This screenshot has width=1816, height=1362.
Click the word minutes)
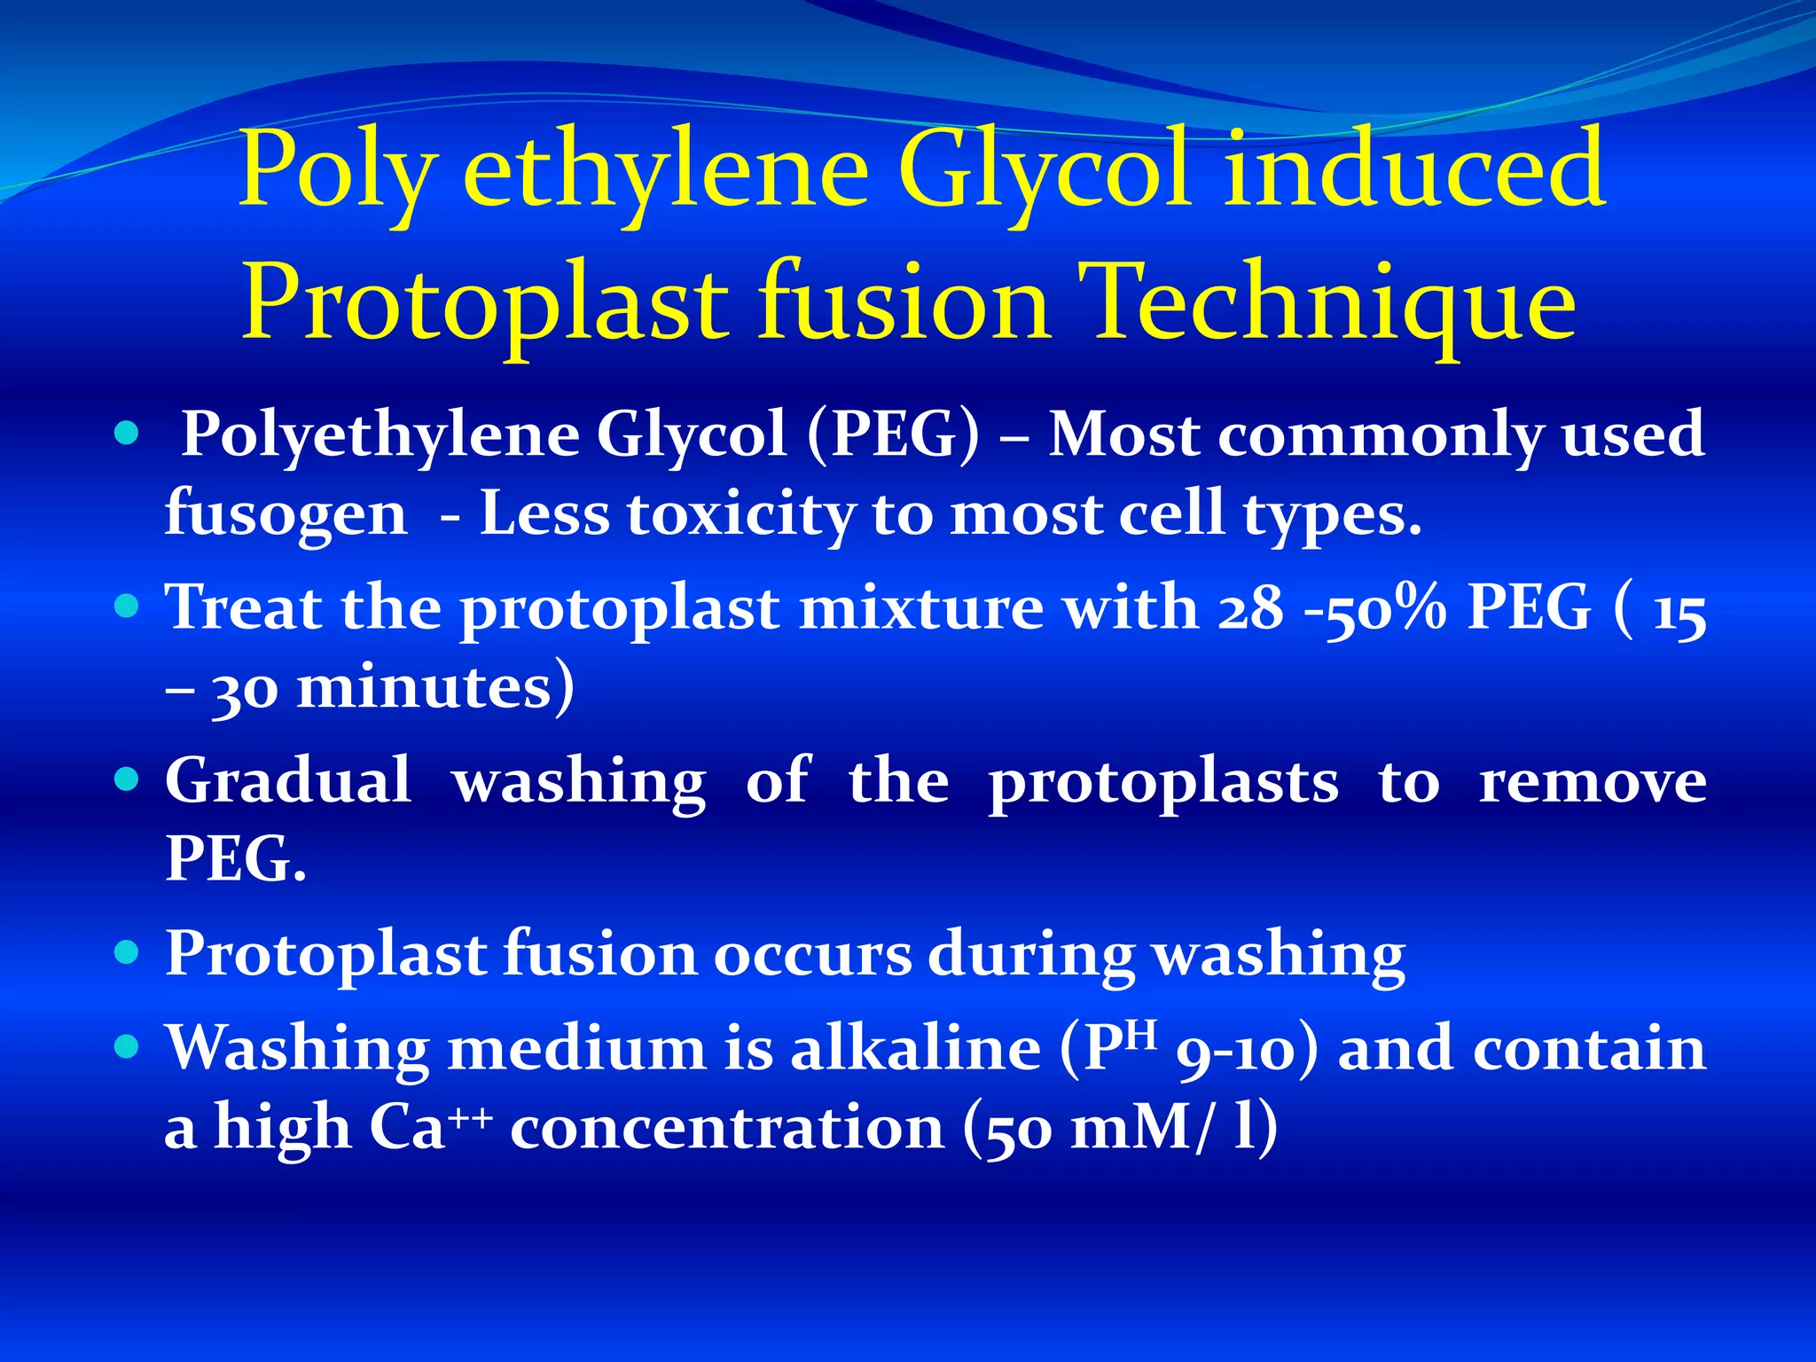point(434,687)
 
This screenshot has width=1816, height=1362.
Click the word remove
point(1593,782)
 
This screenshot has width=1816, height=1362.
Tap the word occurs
point(812,954)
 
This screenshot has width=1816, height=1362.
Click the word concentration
point(727,1128)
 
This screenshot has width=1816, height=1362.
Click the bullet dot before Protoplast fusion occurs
point(128,952)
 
